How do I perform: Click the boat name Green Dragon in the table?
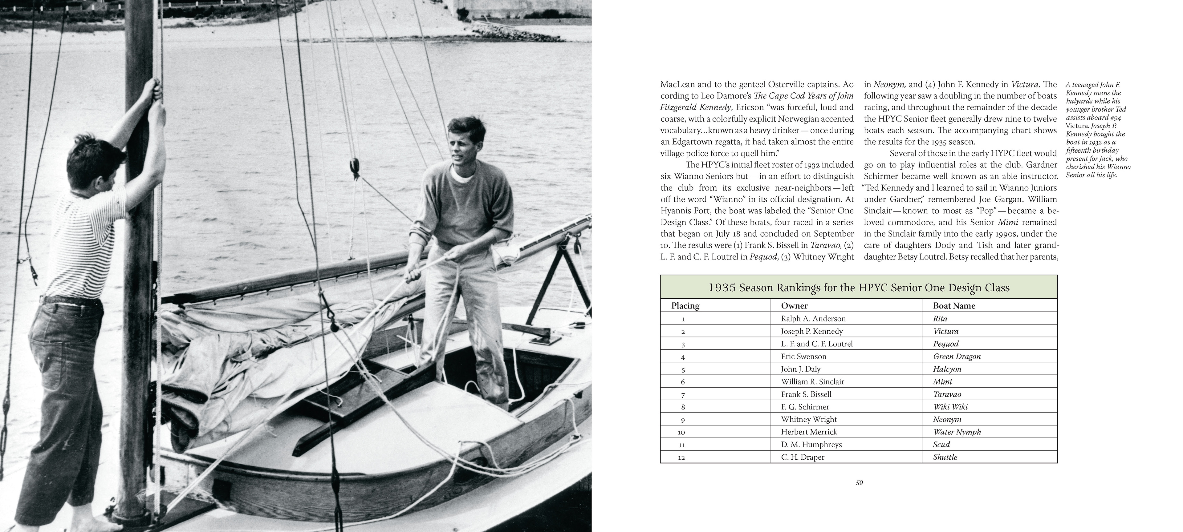957,357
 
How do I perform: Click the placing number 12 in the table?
681,457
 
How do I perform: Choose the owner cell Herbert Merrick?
809,432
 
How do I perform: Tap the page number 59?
859,483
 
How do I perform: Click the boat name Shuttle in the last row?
945,457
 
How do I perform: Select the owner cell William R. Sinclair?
812,382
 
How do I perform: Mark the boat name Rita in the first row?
940,319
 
